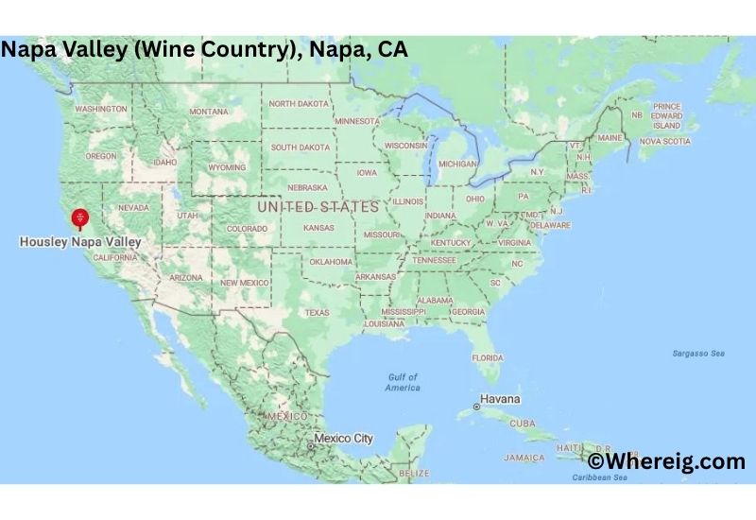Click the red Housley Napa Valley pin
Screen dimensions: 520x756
tap(80, 218)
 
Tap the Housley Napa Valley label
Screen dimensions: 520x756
tap(80, 242)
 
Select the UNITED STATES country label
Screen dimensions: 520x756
tap(318, 206)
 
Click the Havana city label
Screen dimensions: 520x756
tap(500, 400)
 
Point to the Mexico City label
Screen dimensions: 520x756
tap(344, 439)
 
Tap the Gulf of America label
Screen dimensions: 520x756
tap(403, 383)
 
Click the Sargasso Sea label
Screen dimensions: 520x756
tap(698, 354)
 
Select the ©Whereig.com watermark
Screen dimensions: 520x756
tap(666, 461)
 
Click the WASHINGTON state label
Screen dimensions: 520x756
tap(100, 109)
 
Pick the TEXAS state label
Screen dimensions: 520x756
tap(317, 312)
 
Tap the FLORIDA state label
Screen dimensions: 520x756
tap(488, 357)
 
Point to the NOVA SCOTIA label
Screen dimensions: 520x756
tap(664, 141)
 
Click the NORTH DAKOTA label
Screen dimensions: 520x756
tap(298, 103)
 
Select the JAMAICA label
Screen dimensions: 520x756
tap(524, 458)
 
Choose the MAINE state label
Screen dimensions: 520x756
tap(610, 138)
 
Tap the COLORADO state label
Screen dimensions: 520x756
tap(247, 229)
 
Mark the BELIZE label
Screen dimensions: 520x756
tap(414, 473)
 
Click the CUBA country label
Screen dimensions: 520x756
tap(522, 423)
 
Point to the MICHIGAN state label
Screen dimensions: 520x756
tap(457, 164)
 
